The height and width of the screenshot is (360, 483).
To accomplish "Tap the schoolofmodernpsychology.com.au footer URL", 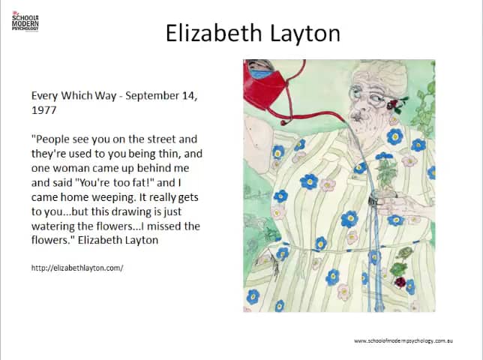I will tap(404, 341).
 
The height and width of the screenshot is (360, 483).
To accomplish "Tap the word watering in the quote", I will tap(55, 226).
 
